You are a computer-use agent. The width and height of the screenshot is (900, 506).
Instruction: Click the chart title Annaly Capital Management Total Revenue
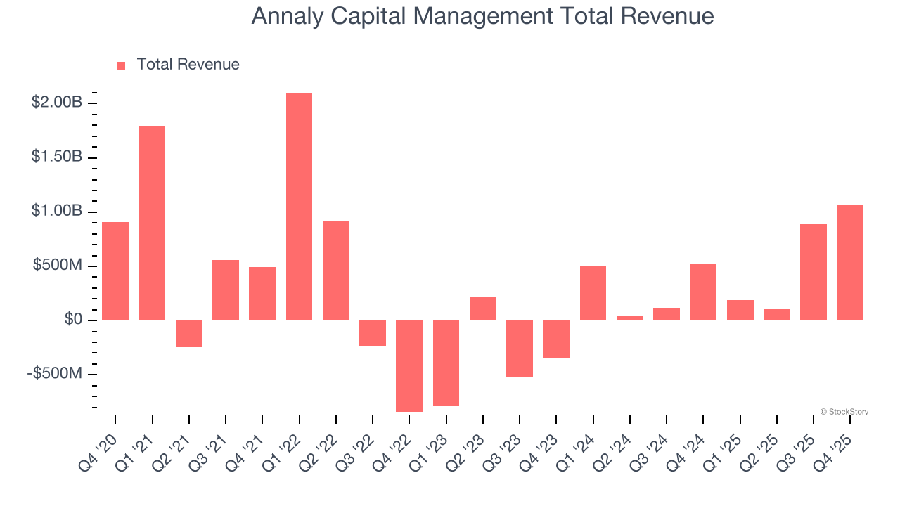coord(482,16)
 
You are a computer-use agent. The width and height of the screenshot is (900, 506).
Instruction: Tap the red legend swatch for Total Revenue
coord(121,65)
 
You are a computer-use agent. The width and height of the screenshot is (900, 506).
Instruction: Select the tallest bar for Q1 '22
coord(299,207)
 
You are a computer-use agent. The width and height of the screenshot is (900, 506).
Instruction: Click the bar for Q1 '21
coord(152,223)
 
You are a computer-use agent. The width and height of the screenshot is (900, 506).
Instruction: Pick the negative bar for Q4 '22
coord(409,365)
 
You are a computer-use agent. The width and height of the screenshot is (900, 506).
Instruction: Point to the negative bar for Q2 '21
coord(188,334)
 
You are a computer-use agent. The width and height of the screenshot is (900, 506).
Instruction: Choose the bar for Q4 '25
coord(849,263)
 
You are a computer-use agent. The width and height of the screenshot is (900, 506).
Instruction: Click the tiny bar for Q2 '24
coord(629,318)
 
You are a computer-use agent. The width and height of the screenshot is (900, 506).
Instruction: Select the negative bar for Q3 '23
coord(520,349)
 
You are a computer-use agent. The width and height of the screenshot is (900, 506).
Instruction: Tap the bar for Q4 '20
coord(115,271)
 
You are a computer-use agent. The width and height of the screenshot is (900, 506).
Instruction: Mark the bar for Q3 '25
coord(813,272)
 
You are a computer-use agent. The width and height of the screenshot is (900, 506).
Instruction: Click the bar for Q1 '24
coord(593,293)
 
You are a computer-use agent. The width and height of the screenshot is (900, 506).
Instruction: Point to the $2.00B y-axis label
coord(57,103)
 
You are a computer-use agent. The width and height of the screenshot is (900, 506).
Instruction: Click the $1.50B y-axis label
coord(57,157)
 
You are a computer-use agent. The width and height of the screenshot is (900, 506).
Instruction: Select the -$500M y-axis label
coord(55,373)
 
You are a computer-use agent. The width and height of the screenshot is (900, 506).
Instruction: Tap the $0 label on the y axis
coord(74,320)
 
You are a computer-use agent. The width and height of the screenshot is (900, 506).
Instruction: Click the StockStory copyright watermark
coord(844,412)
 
